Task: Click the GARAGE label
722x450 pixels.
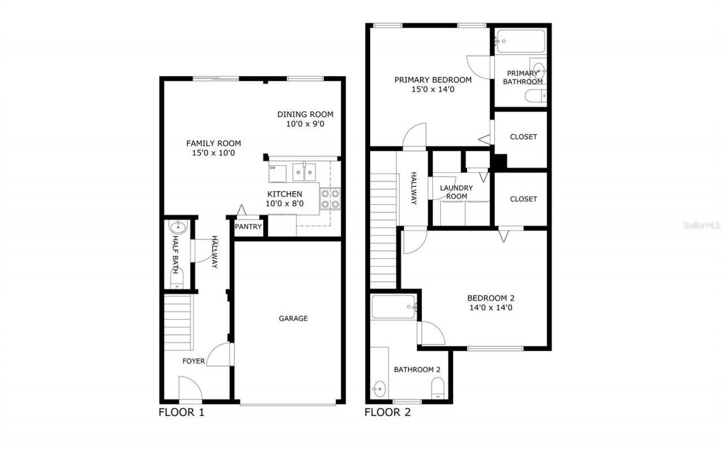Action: pos(293,319)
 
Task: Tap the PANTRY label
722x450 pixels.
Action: pos(248,227)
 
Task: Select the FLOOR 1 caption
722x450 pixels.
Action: pos(181,412)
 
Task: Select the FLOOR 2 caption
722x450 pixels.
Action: pos(388,412)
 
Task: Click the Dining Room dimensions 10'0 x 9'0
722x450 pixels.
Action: pos(305,124)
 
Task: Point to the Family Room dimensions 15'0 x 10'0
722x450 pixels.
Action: pos(214,153)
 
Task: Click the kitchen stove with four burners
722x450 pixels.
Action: pos(330,198)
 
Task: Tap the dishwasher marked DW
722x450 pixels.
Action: pos(277,174)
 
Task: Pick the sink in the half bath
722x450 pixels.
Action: pos(177,228)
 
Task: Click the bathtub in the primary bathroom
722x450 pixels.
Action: pos(520,42)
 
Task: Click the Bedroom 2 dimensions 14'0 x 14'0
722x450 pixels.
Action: pos(490,308)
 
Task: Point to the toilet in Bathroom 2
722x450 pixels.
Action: pos(438,387)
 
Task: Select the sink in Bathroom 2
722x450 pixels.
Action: pos(380,389)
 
